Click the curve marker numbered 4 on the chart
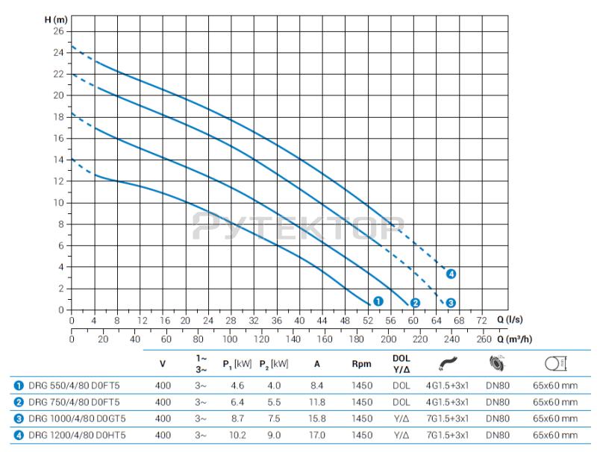coord(451,274)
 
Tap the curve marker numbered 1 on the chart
coord(378,301)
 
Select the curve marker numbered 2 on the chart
coord(416,303)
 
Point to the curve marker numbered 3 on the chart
coord(451,303)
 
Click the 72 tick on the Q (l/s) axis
coord(482,320)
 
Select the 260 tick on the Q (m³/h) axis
coord(484,339)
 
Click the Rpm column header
coord(362,364)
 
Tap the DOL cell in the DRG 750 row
coord(401,401)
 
